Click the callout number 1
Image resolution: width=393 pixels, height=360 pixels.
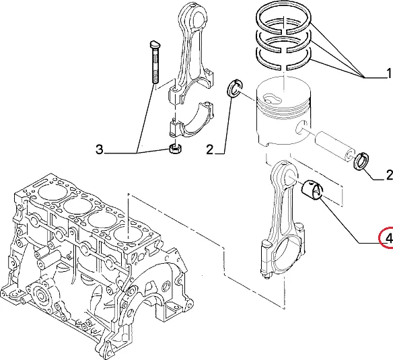coord(389,73)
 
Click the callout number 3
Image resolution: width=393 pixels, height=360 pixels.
coord(100,149)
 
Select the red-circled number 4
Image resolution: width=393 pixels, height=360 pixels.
coord(389,238)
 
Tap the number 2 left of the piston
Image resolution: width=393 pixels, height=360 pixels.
coord(210,149)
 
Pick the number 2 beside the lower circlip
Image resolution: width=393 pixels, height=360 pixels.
coord(389,175)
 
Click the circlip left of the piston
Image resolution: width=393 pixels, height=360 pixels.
coord(235,89)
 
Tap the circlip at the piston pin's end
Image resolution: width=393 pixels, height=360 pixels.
coord(361,161)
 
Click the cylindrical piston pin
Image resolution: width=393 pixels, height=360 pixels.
coord(334,144)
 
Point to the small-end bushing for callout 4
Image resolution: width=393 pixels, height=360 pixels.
coord(312,189)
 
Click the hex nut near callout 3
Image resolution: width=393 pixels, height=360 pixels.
coord(176,149)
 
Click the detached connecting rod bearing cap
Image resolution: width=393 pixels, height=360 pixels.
coord(190,120)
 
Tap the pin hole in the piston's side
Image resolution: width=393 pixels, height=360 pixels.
coord(301,127)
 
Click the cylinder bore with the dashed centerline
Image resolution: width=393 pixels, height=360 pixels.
coord(128,235)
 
